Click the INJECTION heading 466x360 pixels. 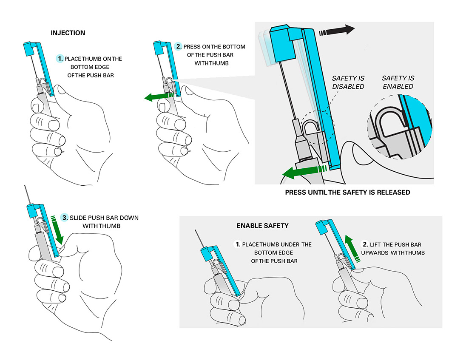[x=68, y=33]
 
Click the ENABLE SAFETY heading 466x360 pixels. [x=262, y=226]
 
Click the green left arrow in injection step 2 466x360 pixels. [x=159, y=97]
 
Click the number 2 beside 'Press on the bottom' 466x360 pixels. [x=179, y=46]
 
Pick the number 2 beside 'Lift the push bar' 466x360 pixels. [x=365, y=244]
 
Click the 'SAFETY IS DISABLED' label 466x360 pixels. [x=348, y=82]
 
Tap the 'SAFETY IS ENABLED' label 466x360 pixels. [x=398, y=82]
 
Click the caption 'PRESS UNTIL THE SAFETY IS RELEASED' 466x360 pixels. [x=347, y=193]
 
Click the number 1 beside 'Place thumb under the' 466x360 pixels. [x=238, y=244]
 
